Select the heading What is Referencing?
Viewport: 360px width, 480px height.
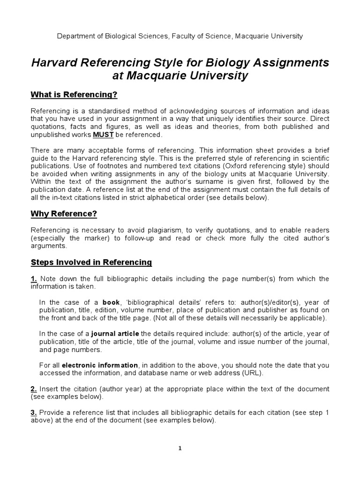(x=74, y=95)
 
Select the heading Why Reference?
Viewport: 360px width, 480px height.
(x=63, y=214)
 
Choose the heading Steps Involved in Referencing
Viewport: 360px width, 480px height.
(x=91, y=262)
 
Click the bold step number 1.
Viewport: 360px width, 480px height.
(x=34, y=279)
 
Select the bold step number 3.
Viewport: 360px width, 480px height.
(x=34, y=412)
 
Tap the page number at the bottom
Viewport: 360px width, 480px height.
(x=180, y=448)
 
